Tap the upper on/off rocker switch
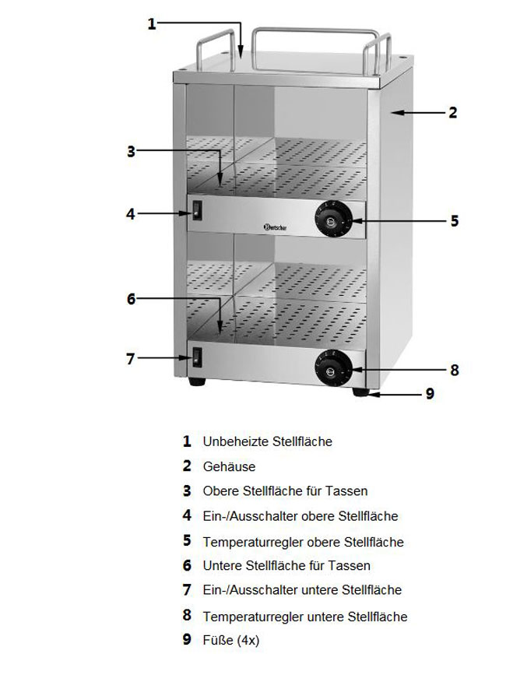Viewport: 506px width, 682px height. (198, 210)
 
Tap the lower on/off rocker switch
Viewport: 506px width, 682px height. (198, 358)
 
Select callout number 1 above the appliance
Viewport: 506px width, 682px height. (153, 24)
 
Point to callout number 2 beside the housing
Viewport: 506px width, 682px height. (452, 113)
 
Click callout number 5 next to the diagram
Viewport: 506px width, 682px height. (455, 221)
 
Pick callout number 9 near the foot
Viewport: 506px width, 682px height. (428, 394)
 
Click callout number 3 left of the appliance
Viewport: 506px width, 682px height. (132, 151)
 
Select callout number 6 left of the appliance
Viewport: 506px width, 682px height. (132, 299)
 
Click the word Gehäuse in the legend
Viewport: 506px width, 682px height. (229, 466)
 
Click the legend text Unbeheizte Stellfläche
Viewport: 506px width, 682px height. (267, 441)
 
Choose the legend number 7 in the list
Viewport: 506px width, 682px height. (187, 590)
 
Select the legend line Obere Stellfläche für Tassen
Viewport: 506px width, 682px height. (285, 491)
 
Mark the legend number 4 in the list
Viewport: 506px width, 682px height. (187, 515)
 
